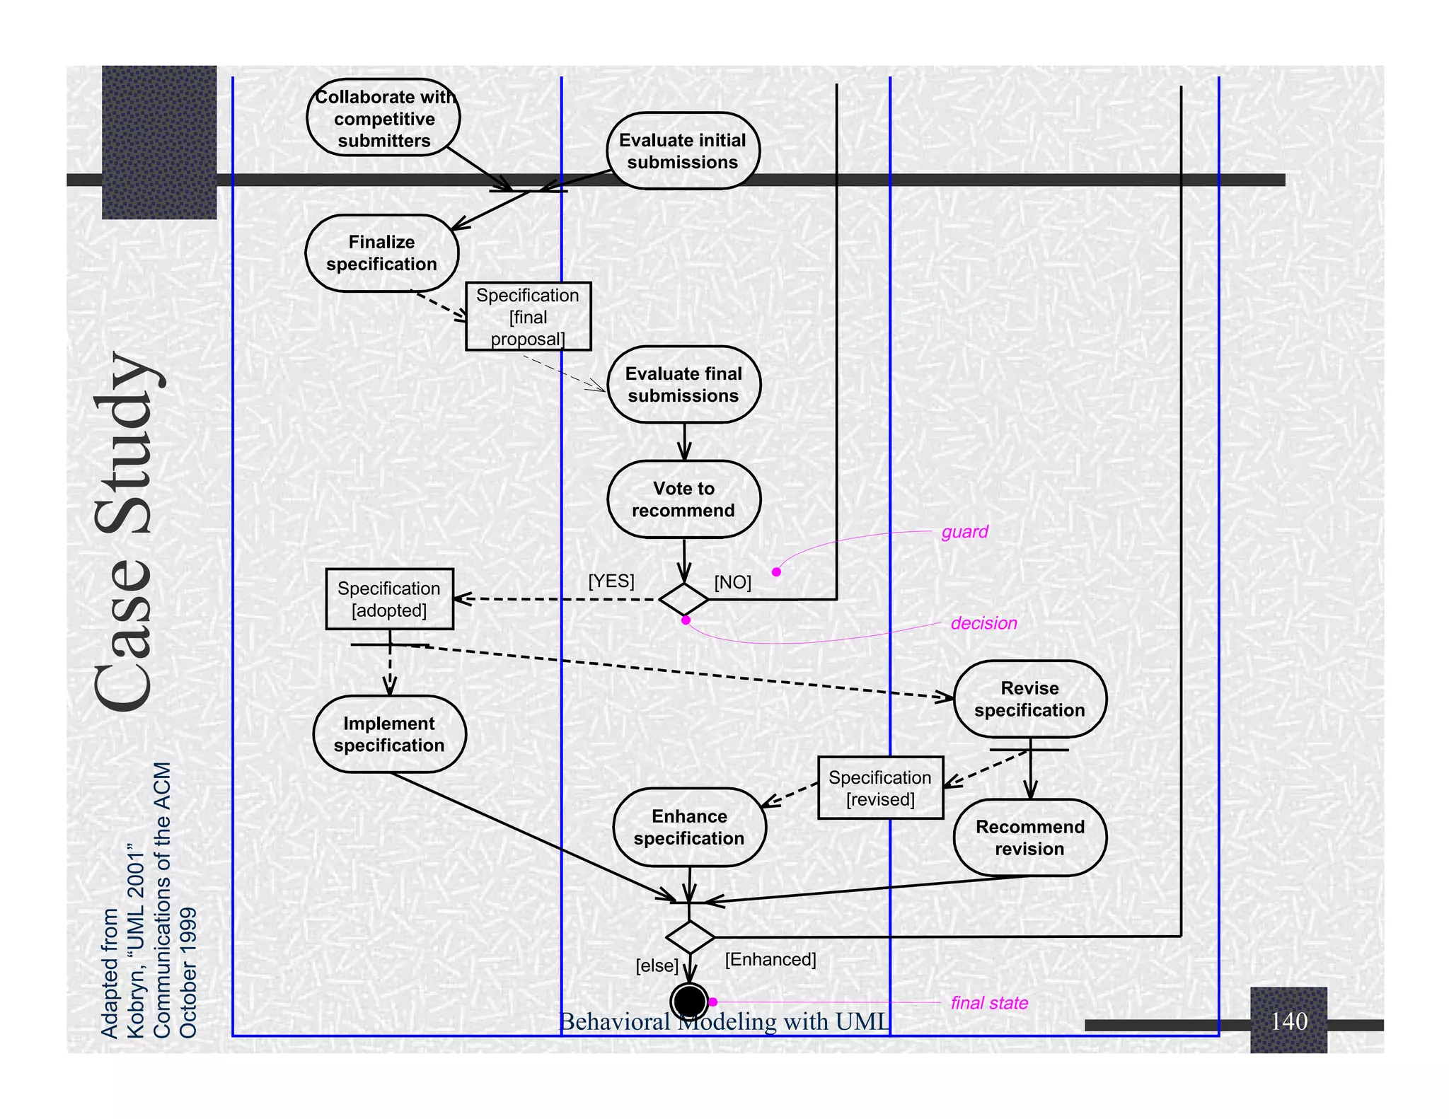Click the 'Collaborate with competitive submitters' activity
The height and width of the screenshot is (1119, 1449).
pos(383,118)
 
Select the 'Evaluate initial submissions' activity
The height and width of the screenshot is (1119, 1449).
pos(683,151)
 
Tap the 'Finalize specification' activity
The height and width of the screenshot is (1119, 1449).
pos(382,253)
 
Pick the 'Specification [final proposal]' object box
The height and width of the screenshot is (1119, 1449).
pos(528,316)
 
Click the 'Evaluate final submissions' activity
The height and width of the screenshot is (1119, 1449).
pos(683,385)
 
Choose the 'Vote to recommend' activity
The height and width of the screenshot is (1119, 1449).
pos(683,499)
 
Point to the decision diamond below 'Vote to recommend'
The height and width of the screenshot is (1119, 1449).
pos(683,599)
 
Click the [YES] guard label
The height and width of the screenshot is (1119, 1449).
pos(611,581)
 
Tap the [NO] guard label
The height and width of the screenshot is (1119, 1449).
pos(732,582)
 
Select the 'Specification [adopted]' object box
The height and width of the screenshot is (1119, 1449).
pos(389,599)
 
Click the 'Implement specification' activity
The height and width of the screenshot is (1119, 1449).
pos(389,734)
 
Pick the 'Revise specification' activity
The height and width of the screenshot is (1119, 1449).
pos(1029,700)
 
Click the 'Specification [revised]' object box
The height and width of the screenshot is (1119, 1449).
pos(880,788)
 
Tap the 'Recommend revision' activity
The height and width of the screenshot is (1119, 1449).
pos(1029,837)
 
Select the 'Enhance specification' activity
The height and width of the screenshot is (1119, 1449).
pos(689,828)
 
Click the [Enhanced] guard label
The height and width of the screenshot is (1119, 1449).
pos(770,959)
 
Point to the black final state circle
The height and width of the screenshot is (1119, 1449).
pos(689,1001)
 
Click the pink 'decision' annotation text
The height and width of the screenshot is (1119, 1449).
pos(983,623)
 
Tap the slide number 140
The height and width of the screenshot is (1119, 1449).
pos(1288,1021)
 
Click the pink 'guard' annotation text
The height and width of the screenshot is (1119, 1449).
pos(964,532)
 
